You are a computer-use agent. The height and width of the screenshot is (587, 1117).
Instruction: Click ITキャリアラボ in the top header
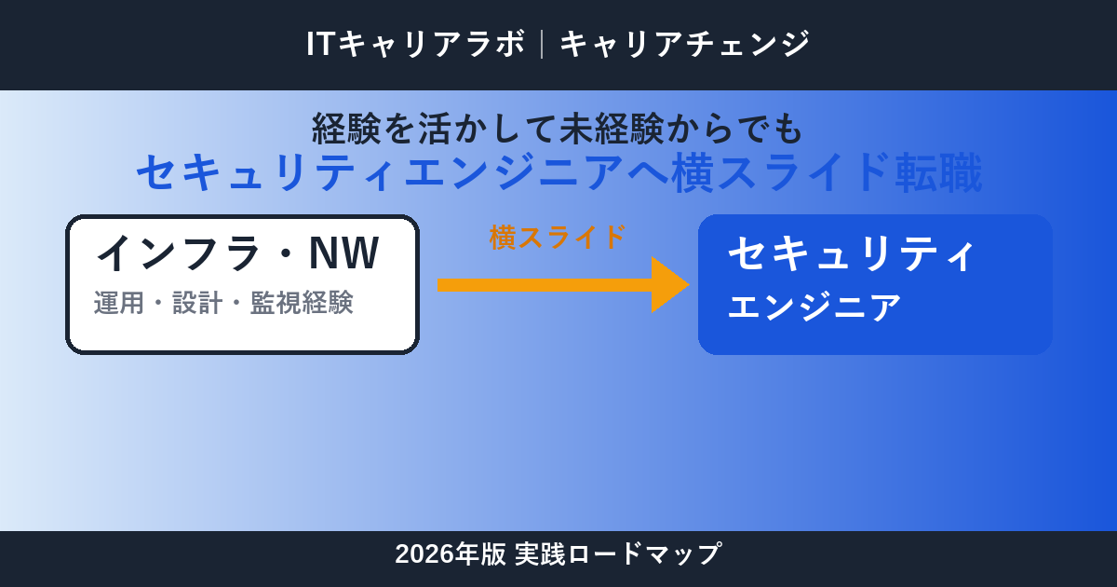coord(415,44)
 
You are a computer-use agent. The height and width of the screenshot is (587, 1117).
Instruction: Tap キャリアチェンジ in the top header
coord(685,44)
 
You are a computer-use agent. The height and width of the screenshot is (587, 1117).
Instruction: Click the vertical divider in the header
coord(542,44)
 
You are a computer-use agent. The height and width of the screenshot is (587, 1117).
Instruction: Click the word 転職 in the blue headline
coord(938,172)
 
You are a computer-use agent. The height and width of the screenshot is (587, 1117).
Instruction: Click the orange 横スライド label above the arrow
coord(557,237)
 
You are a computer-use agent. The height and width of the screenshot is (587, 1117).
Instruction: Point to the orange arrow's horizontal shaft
coord(545,285)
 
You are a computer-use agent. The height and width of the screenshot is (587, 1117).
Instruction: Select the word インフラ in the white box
coord(177,253)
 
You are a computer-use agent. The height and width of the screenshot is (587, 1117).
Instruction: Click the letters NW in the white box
coord(344,253)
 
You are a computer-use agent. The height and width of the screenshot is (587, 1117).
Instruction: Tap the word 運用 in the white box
coord(119,303)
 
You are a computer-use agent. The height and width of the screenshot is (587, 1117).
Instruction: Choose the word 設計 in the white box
coord(197,303)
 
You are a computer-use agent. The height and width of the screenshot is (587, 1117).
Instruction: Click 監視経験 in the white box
coord(302,303)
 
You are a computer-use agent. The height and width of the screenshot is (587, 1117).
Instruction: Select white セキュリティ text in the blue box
coord(851,254)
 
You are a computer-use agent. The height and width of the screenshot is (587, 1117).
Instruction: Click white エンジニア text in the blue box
coord(814,307)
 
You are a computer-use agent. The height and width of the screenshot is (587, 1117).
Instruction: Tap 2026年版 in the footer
coord(451,554)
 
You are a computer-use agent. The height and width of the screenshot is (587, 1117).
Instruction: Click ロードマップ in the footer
coord(644,554)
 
